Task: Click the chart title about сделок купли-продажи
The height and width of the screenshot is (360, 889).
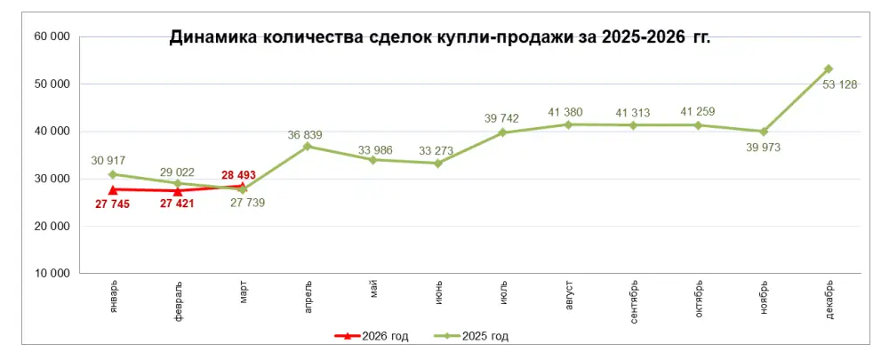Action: tap(440, 37)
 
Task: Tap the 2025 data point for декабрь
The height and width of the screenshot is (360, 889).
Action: tap(829, 68)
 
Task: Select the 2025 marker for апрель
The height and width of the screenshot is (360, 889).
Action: tap(308, 146)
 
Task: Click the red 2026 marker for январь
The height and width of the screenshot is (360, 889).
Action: tap(113, 189)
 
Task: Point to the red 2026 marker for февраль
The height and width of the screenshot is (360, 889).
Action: tap(178, 191)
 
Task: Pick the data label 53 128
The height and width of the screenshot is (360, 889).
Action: tap(840, 84)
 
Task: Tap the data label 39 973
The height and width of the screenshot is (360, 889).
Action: tap(763, 147)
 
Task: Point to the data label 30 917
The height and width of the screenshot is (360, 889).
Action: tap(109, 160)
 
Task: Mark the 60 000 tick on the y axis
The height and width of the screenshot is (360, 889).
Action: tap(52, 36)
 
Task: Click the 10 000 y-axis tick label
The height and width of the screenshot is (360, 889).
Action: tap(52, 273)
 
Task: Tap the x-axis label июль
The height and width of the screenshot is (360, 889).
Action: tap(503, 293)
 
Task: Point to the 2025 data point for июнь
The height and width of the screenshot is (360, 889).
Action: tap(438, 163)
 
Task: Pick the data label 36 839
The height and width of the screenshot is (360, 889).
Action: tap(305, 135)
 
